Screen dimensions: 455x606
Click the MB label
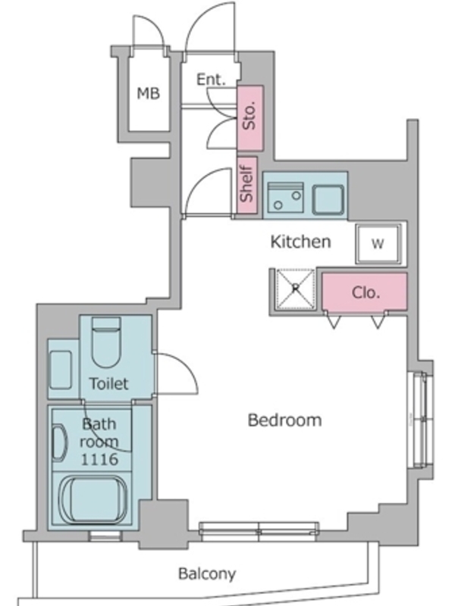149,93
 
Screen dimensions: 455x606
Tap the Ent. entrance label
211,80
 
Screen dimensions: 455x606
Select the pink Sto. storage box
250,118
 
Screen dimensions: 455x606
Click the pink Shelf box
247,185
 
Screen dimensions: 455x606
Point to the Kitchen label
300,242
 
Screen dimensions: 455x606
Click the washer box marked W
378,243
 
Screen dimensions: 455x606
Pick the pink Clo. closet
365,292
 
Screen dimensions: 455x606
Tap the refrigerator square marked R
295,289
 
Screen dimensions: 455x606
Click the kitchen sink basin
328,199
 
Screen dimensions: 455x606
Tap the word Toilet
108,383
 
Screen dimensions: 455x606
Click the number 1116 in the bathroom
99,459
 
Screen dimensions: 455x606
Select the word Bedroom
285,420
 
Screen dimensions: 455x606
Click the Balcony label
207,573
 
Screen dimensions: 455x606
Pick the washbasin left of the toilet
61,370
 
